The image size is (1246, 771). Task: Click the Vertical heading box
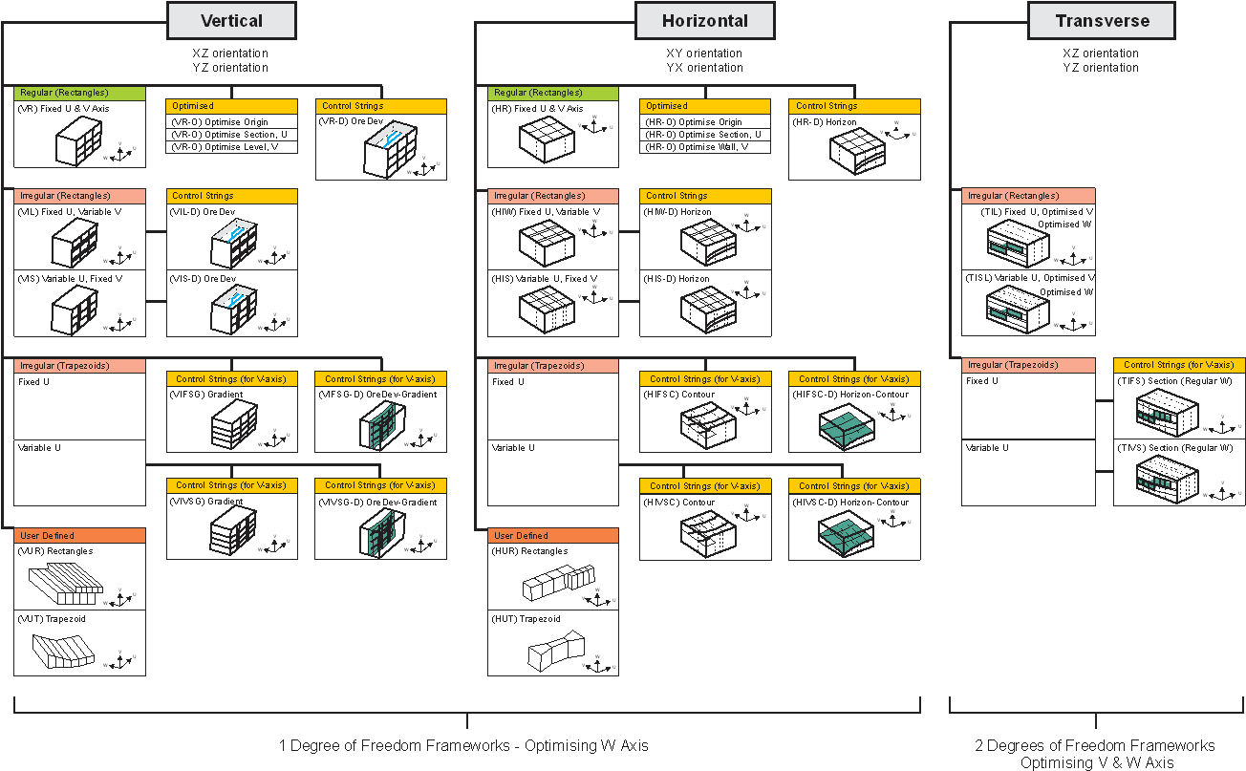tap(232, 20)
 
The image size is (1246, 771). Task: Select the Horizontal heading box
tap(705, 20)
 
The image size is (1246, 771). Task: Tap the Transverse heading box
tap(1102, 20)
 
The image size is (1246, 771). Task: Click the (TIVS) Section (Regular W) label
tap(1177, 448)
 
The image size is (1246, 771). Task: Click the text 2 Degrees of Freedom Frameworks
tap(1096, 745)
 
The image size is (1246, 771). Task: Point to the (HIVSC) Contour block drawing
tap(706, 530)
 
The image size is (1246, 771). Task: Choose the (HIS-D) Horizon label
tap(677, 279)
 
